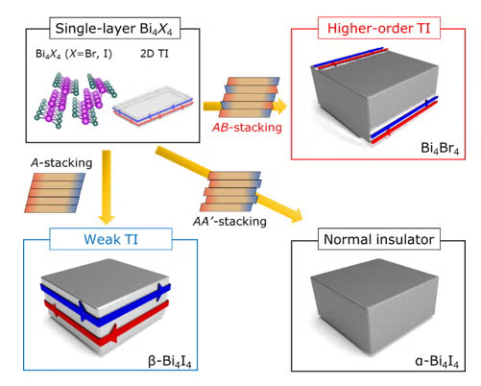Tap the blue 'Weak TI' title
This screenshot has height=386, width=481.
click(95, 236)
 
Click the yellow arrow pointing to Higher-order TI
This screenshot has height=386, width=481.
click(211, 98)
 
